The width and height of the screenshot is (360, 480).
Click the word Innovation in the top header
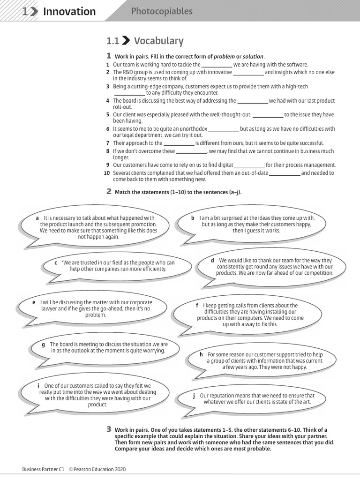click(69, 12)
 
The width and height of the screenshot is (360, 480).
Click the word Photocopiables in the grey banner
click(162, 11)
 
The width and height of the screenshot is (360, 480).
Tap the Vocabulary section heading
click(158, 41)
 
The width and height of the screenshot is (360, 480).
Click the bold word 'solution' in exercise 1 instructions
click(253, 56)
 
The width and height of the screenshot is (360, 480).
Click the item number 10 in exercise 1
click(107, 173)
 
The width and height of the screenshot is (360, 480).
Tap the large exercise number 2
click(109, 191)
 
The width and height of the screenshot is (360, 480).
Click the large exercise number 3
click(109, 429)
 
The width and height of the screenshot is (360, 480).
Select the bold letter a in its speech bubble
click(37, 218)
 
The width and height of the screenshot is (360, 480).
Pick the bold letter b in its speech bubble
click(193, 218)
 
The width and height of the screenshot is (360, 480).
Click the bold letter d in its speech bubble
click(212, 260)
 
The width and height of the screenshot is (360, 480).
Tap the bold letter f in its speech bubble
click(197, 306)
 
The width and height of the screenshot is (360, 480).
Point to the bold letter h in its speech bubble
click(201, 355)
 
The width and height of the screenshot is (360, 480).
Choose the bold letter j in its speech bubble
click(194, 396)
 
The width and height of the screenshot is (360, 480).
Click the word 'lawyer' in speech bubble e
click(49, 309)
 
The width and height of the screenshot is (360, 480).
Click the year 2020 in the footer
click(119, 469)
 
